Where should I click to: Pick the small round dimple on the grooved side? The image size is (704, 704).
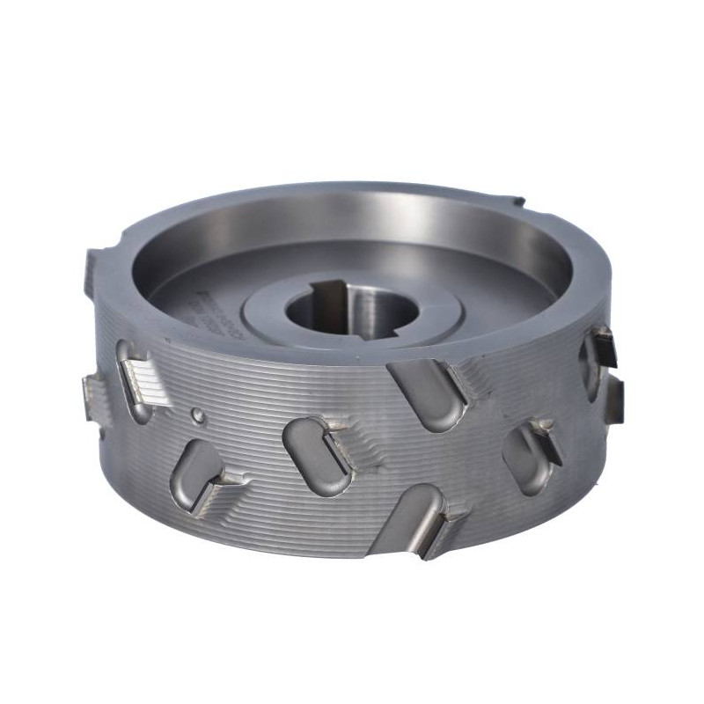pyautogui.click(x=199, y=414)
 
